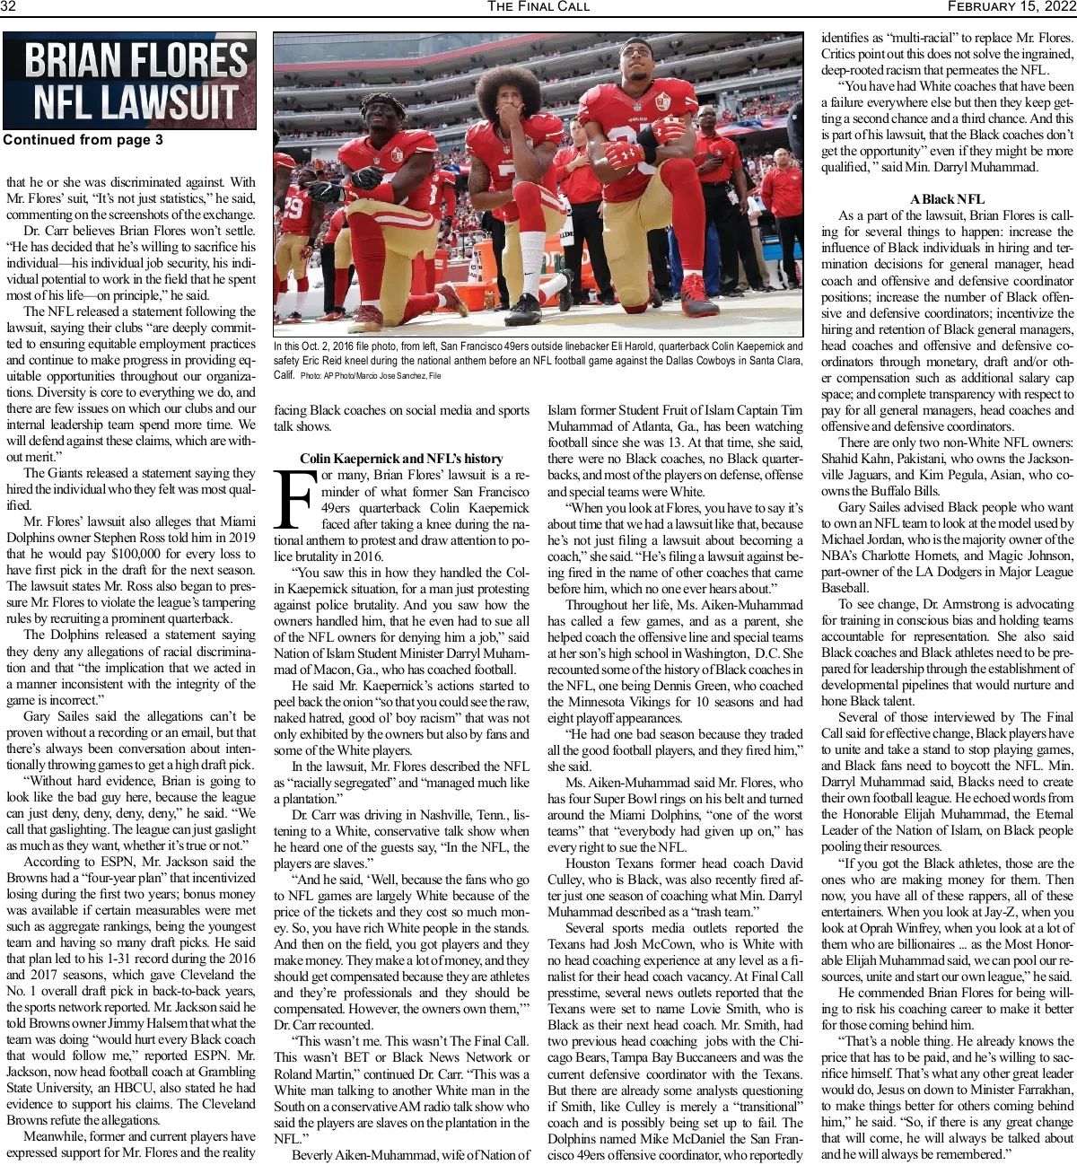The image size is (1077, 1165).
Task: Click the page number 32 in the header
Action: tap(9, 7)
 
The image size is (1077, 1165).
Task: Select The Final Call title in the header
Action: tap(538, 7)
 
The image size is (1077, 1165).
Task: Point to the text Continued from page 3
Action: tap(83, 140)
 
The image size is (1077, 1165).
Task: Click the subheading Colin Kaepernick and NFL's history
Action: tap(401, 459)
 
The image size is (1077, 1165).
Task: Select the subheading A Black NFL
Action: tap(947, 199)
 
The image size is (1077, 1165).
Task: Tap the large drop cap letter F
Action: tap(295, 498)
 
